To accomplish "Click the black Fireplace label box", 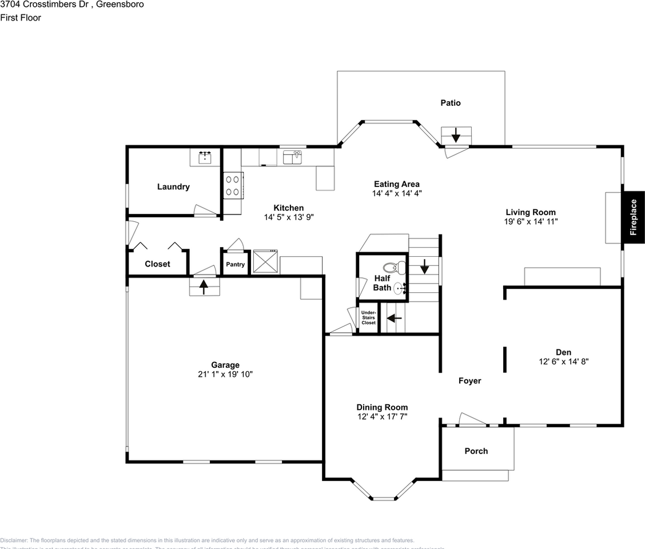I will [634, 217].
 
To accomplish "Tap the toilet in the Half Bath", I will [393, 268].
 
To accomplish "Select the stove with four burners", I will [232, 185].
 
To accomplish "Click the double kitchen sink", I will [292, 157].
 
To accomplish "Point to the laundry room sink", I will [205, 157].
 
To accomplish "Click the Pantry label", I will [235, 264].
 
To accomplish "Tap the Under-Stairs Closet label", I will [368, 317].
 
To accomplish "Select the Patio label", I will [450, 103].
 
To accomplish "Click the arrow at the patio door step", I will [456, 136].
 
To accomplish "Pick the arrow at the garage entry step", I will [204, 287].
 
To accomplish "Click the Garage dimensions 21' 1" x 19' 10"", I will [225, 374].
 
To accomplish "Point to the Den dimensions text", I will [563, 361].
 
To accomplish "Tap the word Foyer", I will [469, 380].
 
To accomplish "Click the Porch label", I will [476, 451].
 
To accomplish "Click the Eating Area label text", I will [396, 184].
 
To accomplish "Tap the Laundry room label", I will [173, 186].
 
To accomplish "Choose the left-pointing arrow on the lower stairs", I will [395, 318].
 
